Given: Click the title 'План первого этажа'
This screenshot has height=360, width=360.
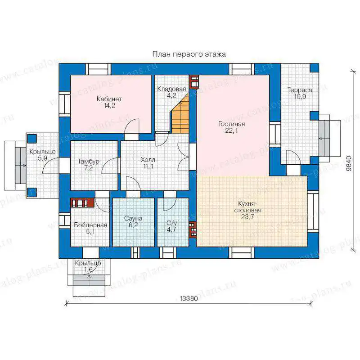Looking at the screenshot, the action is pyautogui.click(x=189, y=54).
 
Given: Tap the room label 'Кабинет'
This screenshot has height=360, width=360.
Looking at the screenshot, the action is pyautogui.click(x=109, y=99).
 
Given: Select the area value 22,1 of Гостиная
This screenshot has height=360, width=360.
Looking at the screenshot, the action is pyautogui.click(x=231, y=130).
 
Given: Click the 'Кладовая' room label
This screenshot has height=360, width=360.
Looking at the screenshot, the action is pyautogui.click(x=171, y=89).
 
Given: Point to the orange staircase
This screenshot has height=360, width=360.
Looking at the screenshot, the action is pyautogui.click(x=180, y=115).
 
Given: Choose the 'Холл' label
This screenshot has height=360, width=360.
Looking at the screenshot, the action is pyautogui.click(x=148, y=160).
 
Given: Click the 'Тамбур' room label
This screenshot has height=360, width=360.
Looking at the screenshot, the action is pyautogui.click(x=88, y=161).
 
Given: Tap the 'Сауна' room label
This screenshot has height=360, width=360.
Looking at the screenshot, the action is pyautogui.click(x=133, y=218).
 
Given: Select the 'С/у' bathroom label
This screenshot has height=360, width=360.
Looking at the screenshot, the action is pyautogui.click(x=172, y=223).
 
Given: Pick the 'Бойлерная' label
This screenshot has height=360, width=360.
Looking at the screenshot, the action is pyautogui.click(x=90, y=225).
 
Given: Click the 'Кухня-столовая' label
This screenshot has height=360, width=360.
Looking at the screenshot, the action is pyautogui.click(x=247, y=207).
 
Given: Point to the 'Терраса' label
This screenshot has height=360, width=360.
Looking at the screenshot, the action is pyautogui.click(x=300, y=90).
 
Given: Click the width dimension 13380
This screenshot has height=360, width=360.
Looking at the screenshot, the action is pyautogui.click(x=189, y=298).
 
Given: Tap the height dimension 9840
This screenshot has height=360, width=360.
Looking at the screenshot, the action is pyautogui.click(x=349, y=163).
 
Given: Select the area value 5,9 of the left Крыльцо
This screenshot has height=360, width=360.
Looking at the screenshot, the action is pyautogui.click(x=42, y=158).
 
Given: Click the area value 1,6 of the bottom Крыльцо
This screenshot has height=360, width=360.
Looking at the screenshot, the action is pyautogui.click(x=88, y=270).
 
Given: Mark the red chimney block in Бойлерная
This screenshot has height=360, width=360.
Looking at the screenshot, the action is pyautogui.click(x=82, y=203).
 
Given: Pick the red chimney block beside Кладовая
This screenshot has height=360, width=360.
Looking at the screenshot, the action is pyautogui.click(x=194, y=82).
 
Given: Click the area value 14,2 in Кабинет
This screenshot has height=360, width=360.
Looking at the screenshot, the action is pyautogui.click(x=109, y=106).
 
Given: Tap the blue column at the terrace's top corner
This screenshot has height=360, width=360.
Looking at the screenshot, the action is pyautogui.click(x=315, y=68).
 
